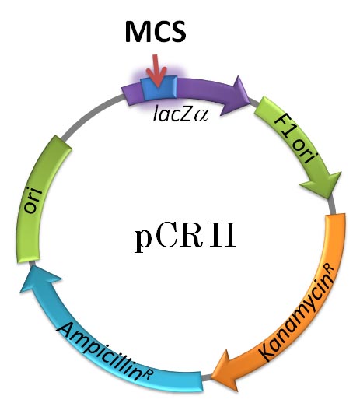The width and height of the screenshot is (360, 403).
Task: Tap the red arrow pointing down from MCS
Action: pos(158,72)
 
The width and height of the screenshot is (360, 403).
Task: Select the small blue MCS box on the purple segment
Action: pos(160,87)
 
